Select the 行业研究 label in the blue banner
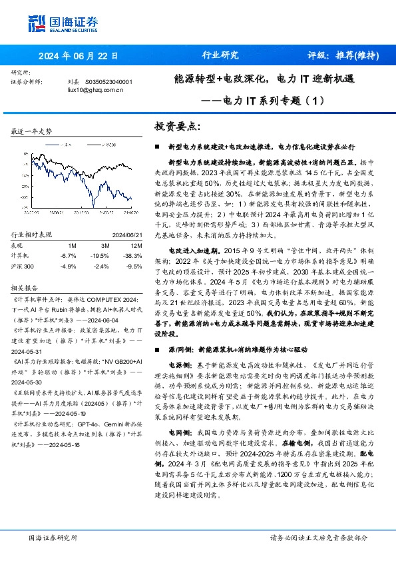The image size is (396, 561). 220,56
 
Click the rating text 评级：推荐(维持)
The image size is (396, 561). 341,56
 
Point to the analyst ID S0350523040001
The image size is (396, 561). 109,82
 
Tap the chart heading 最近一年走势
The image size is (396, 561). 32,132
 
